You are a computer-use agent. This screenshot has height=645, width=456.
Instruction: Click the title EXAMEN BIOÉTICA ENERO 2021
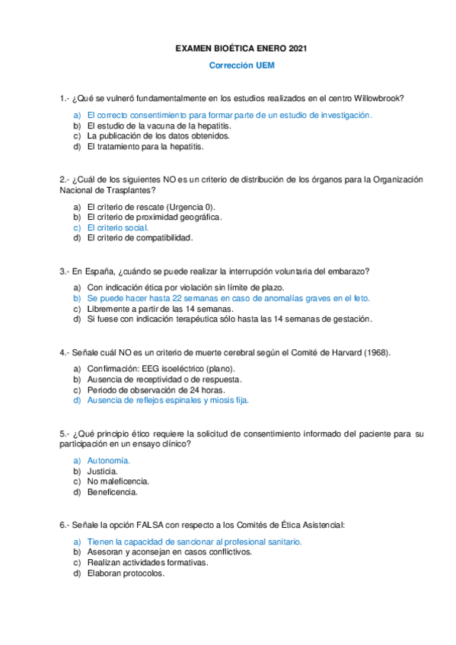241,49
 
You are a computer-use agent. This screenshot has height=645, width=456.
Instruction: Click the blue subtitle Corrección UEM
241,65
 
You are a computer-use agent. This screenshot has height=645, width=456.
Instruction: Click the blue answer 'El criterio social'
118,227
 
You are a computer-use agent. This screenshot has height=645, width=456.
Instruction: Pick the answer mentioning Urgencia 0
151,206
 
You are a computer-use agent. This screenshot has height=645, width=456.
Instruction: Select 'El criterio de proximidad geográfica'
155,217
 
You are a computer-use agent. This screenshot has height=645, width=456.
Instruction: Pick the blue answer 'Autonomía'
109,460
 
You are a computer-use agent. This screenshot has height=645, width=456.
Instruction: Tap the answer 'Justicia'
103,471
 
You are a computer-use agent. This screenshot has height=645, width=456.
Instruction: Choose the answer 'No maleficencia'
118,481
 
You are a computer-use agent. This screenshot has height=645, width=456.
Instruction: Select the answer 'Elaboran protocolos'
126,574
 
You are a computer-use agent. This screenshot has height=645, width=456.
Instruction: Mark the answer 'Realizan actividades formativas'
148,563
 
